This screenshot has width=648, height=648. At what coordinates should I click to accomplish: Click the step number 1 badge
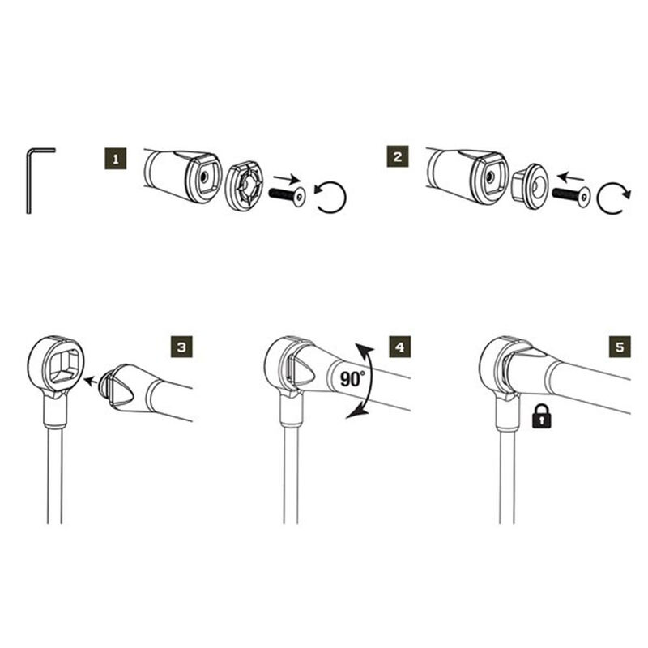pyautogui.click(x=117, y=157)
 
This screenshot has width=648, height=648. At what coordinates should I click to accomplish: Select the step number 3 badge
pyautogui.click(x=182, y=347)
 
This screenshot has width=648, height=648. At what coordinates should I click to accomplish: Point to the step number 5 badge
pyautogui.click(x=619, y=347)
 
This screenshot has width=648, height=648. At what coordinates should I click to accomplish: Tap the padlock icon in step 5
pyautogui.click(x=539, y=416)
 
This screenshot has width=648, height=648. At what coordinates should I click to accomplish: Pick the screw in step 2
pyautogui.click(x=570, y=194)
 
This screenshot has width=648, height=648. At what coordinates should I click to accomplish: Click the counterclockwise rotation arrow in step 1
pyautogui.click(x=331, y=198)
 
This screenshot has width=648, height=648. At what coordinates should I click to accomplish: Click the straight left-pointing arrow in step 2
pyautogui.click(x=570, y=176)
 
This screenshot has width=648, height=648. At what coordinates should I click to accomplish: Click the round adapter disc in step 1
pyautogui.click(x=244, y=187)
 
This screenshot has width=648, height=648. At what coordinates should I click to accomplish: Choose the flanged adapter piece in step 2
pyautogui.click(x=531, y=188)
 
